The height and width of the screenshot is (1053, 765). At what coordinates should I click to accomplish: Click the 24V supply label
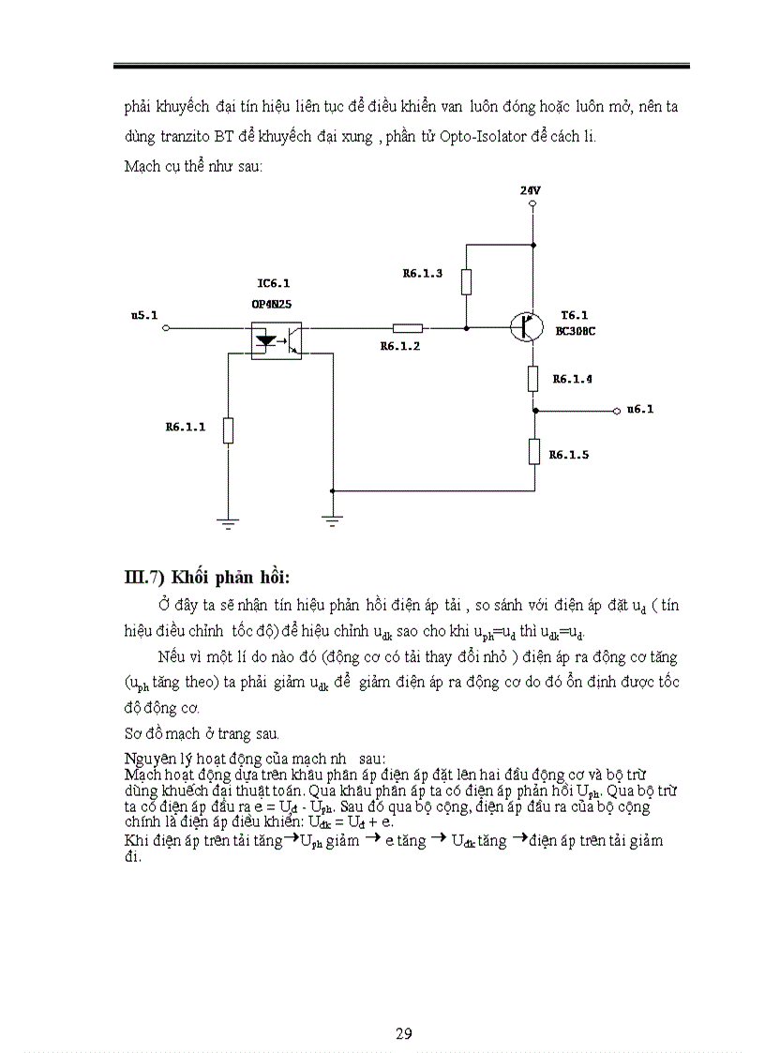531,190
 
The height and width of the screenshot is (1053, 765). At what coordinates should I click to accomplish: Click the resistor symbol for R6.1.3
466,282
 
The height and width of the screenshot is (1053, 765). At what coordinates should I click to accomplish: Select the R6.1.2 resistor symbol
407,328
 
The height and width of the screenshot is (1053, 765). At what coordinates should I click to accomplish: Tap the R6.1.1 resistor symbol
228,430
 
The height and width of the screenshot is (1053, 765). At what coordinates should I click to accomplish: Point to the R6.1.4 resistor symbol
532,379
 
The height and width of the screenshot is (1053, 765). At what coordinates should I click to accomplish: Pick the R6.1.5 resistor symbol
532,452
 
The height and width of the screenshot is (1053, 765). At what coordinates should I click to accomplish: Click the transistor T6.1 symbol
528,327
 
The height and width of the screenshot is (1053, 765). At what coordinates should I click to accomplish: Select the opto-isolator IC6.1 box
277,338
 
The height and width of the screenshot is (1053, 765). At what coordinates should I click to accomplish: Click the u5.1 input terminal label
143,316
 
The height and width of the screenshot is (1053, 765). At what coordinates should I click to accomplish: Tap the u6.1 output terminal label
640,410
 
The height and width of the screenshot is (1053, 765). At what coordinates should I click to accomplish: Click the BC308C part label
577,331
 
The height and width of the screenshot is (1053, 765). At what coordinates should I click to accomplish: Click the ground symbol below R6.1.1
228,523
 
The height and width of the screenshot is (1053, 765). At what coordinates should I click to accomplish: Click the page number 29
403,1033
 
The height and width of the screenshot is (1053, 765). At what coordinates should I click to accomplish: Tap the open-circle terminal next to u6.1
616,411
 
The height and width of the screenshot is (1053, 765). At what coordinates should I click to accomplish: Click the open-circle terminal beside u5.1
166,328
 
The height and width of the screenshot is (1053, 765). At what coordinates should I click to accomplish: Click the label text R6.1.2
399,346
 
